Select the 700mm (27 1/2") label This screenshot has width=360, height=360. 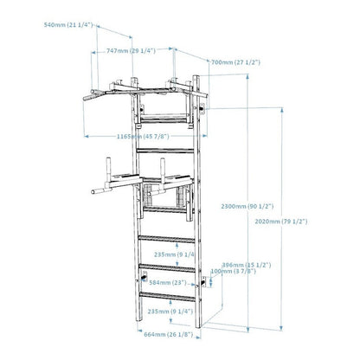235,61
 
